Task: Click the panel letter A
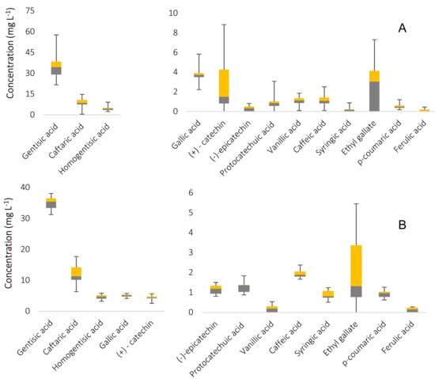click(403, 28)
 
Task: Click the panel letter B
click(403, 225)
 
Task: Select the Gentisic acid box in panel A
click(56, 68)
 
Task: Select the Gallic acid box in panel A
click(199, 75)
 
